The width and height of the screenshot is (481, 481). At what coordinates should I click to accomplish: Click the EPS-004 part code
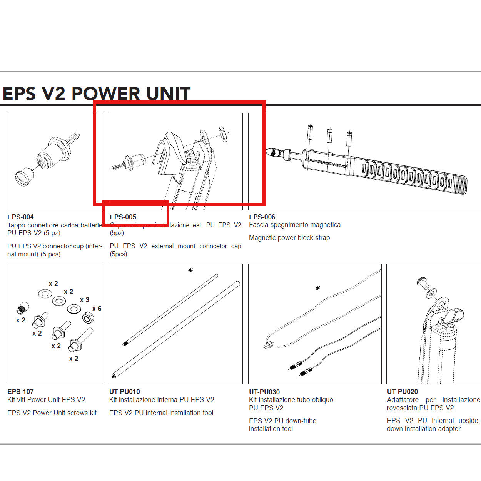click(20, 217)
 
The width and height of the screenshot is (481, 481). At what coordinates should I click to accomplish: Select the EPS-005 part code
click(123, 217)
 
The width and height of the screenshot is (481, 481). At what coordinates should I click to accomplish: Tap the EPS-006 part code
click(262, 217)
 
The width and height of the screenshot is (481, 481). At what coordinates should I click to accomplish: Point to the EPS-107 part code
click(20, 392)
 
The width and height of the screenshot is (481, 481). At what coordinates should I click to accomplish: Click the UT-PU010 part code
click(125, 392)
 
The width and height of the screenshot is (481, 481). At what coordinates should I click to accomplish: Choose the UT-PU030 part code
click(264, 392)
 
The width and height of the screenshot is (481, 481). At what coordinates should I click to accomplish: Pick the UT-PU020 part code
click(403, 392)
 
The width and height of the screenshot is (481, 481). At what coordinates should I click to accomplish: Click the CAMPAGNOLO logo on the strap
click(326, 163)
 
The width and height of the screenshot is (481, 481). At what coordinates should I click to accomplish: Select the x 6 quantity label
click(97, 309)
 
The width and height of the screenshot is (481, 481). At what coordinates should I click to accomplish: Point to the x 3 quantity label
click(85, 300)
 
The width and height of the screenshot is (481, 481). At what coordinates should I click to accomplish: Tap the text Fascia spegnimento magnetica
click(295, 225)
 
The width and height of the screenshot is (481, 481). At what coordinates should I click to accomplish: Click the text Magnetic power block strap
click(289, 238)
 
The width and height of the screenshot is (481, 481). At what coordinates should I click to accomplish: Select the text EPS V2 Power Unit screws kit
click(52, 413)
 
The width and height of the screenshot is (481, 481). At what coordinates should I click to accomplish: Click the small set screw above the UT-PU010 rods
click(190, 271)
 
